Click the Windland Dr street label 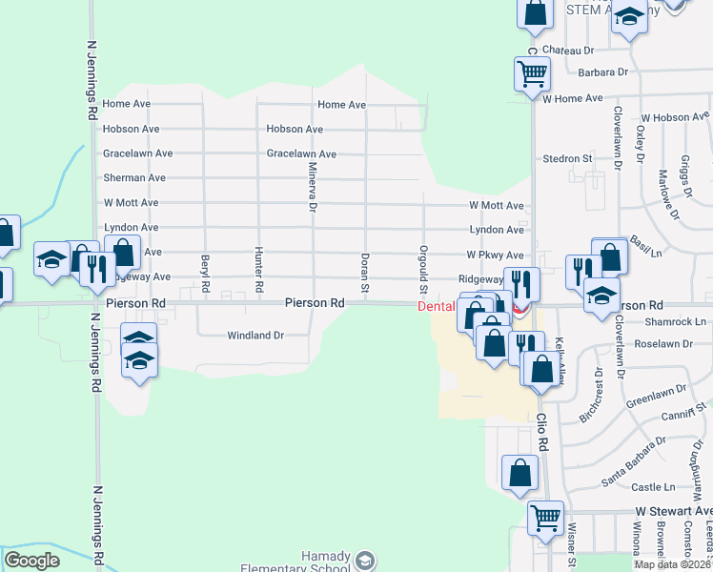pyautogui.click(x=255, y=336)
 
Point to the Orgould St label pyautogui.click(x=422, y=267)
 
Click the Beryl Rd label pyautogui.click(x=205, y=274)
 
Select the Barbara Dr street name pyautogui.click(x=602, y=72)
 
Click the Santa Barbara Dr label pyautogui.click(x=634, y=461)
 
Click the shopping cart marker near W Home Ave pyautogui.click(x=531, y=72)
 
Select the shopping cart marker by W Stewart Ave pyautogui.click(x=545, y=518)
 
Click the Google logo pyautogui.click(x=32, y=561)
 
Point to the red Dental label pyautogui.click(x=437, y=307)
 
